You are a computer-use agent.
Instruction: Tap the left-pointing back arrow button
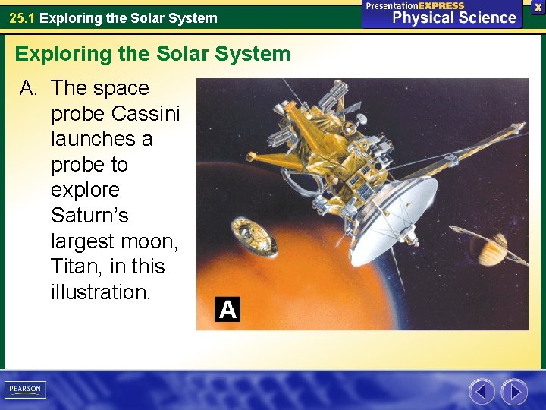point(482,392)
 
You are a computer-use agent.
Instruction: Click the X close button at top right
point(537,6)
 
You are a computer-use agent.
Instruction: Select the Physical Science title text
point(453,18)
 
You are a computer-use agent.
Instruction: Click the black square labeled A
point(227,310)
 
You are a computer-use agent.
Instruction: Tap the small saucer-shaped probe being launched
point(246,235)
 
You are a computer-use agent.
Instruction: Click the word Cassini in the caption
point(146,114)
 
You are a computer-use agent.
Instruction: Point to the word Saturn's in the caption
point(89,216)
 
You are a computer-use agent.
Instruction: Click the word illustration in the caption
point(100,292)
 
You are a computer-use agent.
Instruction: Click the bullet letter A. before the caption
point(29,88)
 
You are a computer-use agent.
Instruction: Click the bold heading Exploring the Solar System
point(152,54)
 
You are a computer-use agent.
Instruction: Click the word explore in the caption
point(85,190)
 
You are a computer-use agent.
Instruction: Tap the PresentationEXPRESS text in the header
point(414,5)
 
